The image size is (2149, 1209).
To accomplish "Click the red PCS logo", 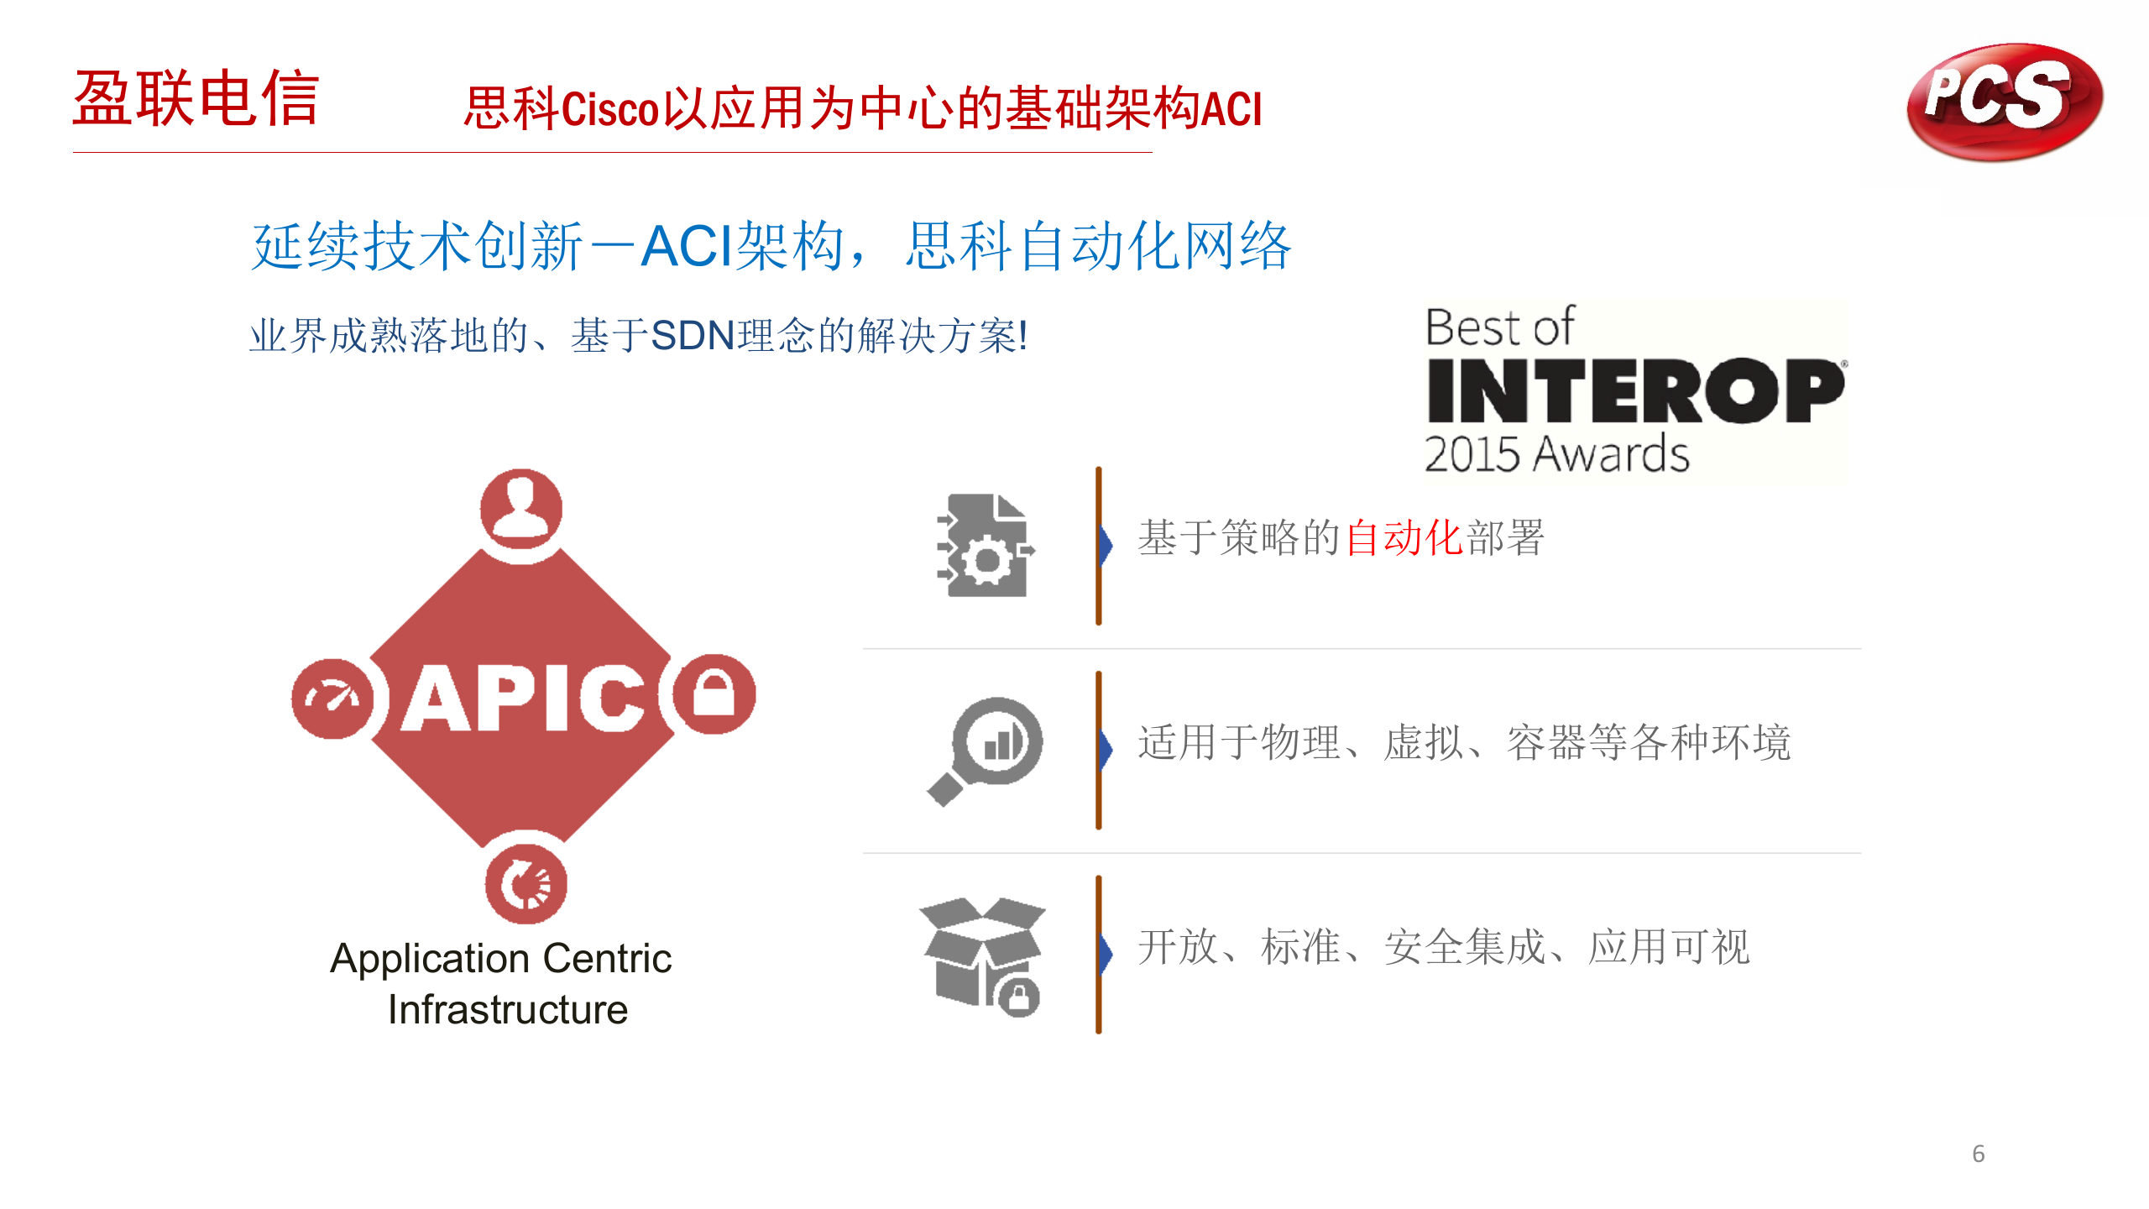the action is (x=2005, y=102).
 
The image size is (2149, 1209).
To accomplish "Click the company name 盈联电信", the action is (x=196, y=98).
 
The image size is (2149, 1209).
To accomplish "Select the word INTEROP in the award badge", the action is (x=1636, y=390).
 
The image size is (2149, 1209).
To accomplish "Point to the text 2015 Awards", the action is (x=1556, y=454).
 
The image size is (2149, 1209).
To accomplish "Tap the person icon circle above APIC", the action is (x=521, y=509).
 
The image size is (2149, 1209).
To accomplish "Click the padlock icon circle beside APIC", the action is (x=714, y=694).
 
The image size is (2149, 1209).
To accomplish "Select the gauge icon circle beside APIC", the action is (x=332, y=699).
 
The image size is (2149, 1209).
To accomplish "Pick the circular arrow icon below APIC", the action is (x=526, y=884).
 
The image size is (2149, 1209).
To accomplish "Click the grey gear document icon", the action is (x=986, y=546).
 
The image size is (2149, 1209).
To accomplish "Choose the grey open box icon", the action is (x=983, y=956).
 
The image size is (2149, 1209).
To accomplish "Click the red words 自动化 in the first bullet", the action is (x=1404, y=537).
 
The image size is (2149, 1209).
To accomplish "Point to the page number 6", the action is (x=1979, y=1154).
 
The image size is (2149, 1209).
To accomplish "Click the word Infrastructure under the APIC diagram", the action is (x=508, y=1009).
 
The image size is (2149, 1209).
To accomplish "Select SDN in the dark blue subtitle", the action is (x=693, y=336).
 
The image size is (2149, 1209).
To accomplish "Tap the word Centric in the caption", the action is (x=607, y=958).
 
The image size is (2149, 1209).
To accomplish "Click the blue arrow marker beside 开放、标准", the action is (x=1106, y=954).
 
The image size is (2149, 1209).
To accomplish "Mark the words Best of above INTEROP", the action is (x=1500, y=327).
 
